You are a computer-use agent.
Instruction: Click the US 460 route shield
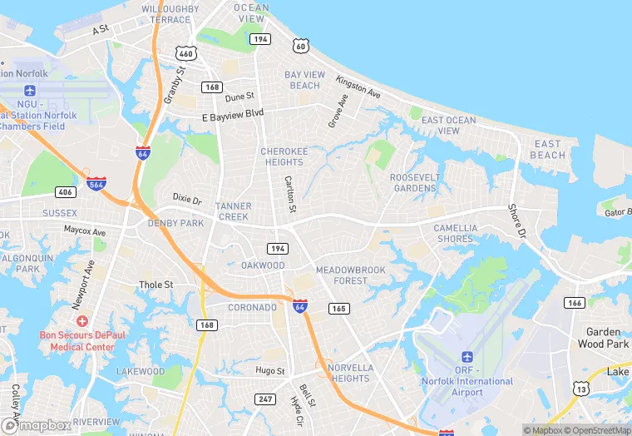186,53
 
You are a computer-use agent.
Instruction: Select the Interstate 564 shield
96,184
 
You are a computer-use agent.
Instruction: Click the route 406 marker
65,191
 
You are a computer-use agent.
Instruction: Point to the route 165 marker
338,309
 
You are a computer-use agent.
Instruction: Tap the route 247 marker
265,399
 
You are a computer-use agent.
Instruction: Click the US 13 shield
581,388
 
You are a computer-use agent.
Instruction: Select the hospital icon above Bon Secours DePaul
81,320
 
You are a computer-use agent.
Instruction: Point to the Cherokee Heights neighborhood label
284,156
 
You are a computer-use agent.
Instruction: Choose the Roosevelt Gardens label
413,182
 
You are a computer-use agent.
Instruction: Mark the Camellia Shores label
455,233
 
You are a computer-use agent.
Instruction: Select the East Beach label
548,149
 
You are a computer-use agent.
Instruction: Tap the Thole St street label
156,285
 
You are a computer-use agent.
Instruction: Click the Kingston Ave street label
358,87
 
